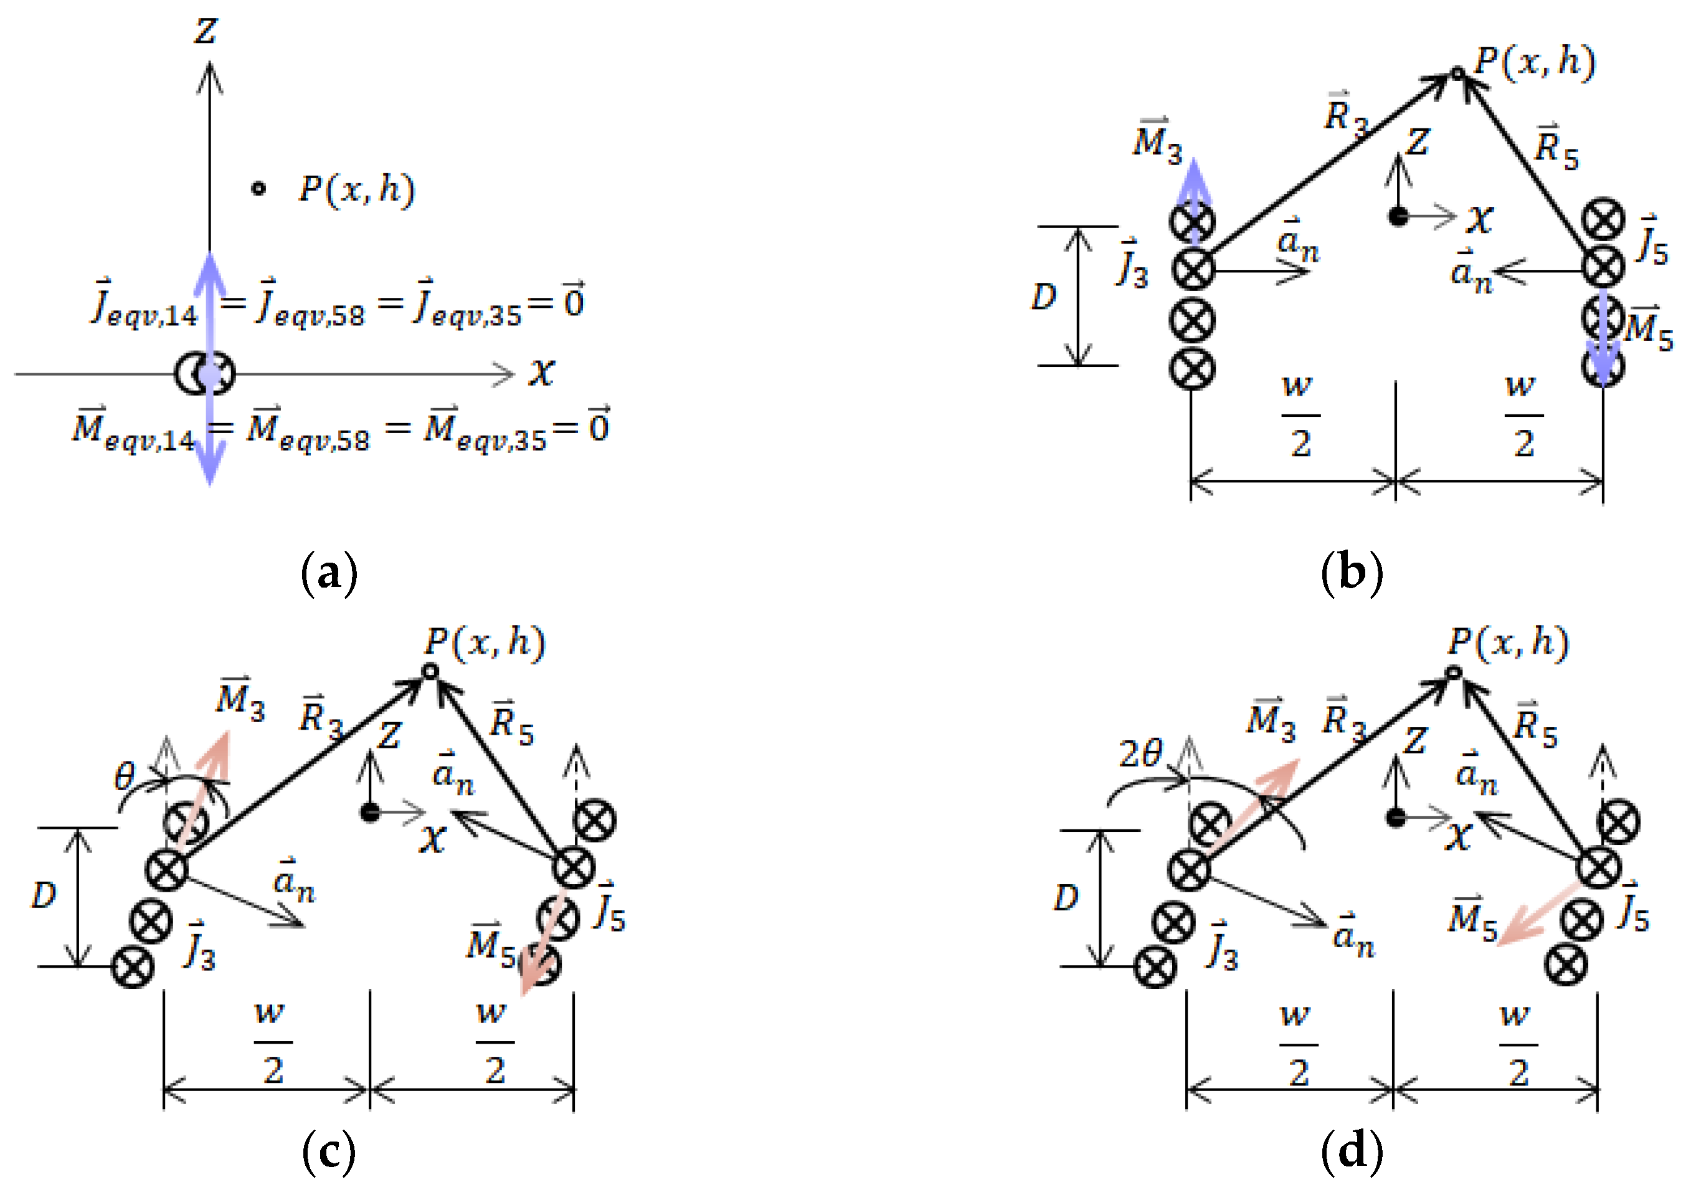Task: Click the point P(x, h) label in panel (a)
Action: click(x=356, y=189)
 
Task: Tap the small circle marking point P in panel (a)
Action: click(x=258, y=189)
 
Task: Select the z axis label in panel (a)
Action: click(x=206, y=31)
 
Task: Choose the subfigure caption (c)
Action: click(x=328, y=1151)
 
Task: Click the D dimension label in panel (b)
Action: click(x=1043, y=297)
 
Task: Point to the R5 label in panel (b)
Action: click(x=1556, y=148)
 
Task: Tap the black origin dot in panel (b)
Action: click(x=1398, y=217)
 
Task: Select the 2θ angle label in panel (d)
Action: click(x=1140, y=753)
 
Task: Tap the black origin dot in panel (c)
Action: click(x=370, y=813)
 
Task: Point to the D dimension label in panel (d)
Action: click(x=1066, y=897)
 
